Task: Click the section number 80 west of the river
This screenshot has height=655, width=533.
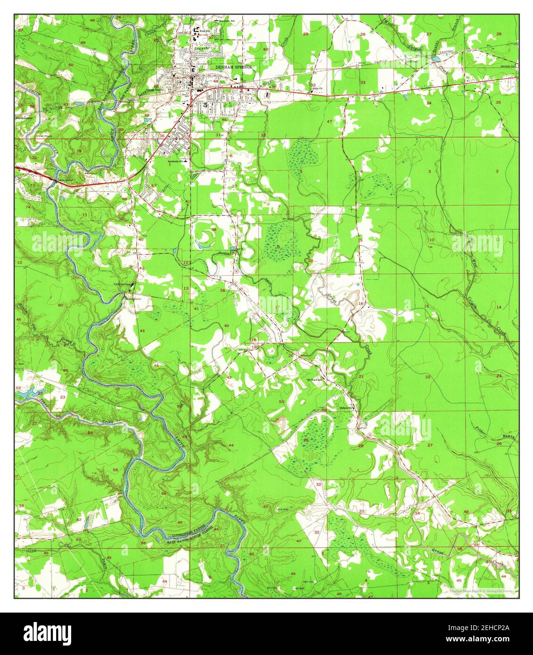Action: [x=60, y=305]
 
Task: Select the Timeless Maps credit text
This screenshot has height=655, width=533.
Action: [x=481, y=590]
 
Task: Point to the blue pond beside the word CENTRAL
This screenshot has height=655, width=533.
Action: [x=435, y=59]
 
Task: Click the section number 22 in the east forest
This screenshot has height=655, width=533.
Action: [x=427, y=377]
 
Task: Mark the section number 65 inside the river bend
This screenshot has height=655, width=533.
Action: [x=180, y=523]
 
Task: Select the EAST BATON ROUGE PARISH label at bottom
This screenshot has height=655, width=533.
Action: [x=191, y=540]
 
